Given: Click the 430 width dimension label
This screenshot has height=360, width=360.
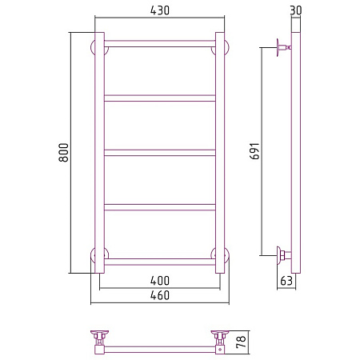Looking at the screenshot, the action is [160, 10].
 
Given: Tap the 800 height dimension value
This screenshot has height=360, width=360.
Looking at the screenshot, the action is [64, 153].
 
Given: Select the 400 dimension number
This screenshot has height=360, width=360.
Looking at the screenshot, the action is [160, 281].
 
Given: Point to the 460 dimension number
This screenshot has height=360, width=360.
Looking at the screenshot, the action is [160, 295].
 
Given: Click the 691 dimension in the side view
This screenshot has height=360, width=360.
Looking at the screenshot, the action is [254, 151].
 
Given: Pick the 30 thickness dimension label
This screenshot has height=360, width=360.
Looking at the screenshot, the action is [296, 10].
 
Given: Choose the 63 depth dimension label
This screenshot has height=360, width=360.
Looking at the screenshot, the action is [286, 281].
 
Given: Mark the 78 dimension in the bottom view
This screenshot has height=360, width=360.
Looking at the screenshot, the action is [241, 342].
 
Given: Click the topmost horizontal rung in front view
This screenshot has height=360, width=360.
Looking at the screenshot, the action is [160, 44].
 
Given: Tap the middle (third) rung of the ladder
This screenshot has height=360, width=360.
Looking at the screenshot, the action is [160, 153].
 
